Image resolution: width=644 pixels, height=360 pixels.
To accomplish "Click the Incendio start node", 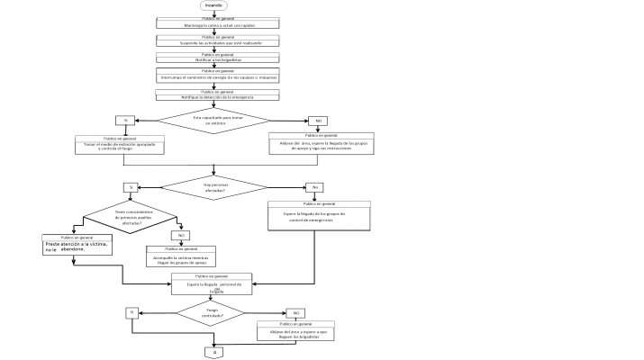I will pyautogui.click(x=213, y=5).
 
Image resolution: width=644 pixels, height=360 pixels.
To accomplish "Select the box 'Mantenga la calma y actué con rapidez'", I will pyautogui.click(x=213, y=23).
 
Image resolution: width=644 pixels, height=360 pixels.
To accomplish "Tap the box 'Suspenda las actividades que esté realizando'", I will pyautogui.click(x=213, y=40).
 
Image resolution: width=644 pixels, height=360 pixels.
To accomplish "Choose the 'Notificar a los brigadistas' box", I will pyautogui.click(x=213, y=58).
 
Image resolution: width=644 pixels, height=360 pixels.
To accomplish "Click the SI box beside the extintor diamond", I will pyautogui.click(x=126, y=120).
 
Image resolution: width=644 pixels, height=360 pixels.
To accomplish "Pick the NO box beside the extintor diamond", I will pyautogui.click(x=317, y=120).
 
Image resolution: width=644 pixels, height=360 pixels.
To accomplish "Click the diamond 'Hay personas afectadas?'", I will pyautogui.click(x=213, y=187).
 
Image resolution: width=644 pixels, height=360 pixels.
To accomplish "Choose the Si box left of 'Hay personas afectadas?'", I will pyautogui.click(x=132, y=187).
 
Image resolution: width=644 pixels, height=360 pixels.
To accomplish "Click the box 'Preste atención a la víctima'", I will pyautogui.click(x=77, y=245).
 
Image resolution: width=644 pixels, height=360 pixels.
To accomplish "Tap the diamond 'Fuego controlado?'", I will pyautogui.click(x=213, y=313).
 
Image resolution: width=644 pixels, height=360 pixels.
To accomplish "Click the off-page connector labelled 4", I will pyautogui.click(x=215, y=352).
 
